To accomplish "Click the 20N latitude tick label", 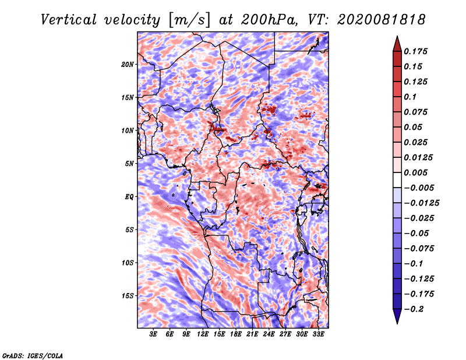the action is pyautogui.click(x=127, y=65).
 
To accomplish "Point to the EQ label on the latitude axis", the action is pyautogui.click(x=129, y=197).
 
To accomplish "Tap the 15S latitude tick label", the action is pyautogui.click(x=127, y=296).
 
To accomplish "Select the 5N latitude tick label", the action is pyautogui.click(x=129, y=164).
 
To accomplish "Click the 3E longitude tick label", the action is pyautogui.click(x=153, y=334).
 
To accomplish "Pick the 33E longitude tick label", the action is pyautogui.click(x=318, y=334).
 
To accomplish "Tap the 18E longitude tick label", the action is pyautogui.click(x=236, y=334).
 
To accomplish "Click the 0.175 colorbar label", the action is pyautogui.click(x=415, y=51).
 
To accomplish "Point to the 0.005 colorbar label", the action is pyautogui.click(x=415, y=172).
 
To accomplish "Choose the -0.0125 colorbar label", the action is pyautogui.click(x=421, y=203).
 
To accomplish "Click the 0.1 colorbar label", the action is pyautogui.click(x=410, y=97).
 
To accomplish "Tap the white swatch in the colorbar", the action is pyautogui.click(x=397, y=180).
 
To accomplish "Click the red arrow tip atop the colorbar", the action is pyautogui.click(x=397, y=36).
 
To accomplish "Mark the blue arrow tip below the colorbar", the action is pyautogui.click(x=397, y=323).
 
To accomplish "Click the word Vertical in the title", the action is pyautogui.click(x=69, y=20).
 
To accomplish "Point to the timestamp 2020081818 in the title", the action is pyautogui.click(x=382, y=20).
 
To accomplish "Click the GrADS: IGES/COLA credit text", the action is pyautogui.click(x=33, y=355).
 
